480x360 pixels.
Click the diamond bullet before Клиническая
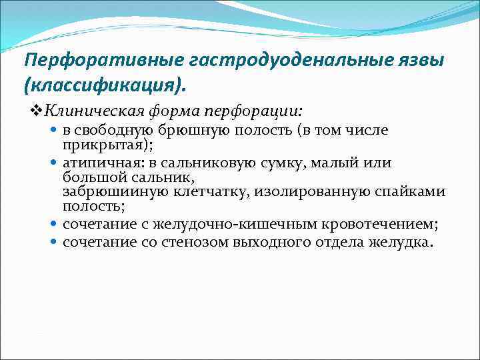tap(37, 109)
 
